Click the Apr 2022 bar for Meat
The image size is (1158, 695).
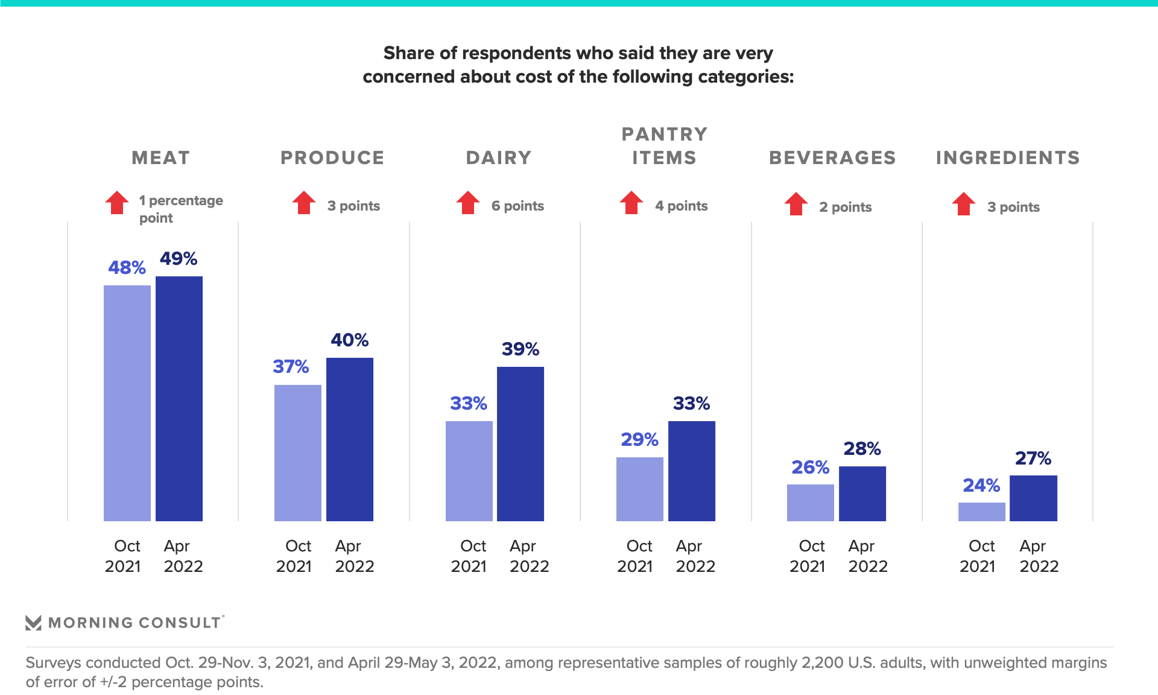tap(179, 398)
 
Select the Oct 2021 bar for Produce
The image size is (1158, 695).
tap(297, 452)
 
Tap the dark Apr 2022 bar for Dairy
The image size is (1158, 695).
tap(520, 443)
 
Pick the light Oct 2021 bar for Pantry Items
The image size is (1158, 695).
tap(639, 489)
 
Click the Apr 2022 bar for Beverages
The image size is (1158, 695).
tap(862, 493)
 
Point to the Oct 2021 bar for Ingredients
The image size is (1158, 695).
tap(981, 512)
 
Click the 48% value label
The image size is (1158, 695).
tap(127, 267)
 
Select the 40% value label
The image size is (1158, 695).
tap(349, 340)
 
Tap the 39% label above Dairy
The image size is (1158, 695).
tap(520, 349)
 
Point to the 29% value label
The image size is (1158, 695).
tap(639, 439)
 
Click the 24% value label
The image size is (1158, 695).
tap(981, 485)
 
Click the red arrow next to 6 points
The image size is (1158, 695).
tap(467, 203)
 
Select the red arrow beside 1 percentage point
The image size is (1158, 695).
tap(117, 203)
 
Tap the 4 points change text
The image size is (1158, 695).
tap(681, 206)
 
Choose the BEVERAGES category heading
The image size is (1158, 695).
tap(832, 157)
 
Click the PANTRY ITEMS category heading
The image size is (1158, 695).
tap(664, 145)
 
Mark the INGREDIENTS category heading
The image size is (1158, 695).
tap(1008, 157)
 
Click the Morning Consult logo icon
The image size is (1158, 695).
tap(33, 623)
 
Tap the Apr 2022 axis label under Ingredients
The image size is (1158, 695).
tap(1039, 556)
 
